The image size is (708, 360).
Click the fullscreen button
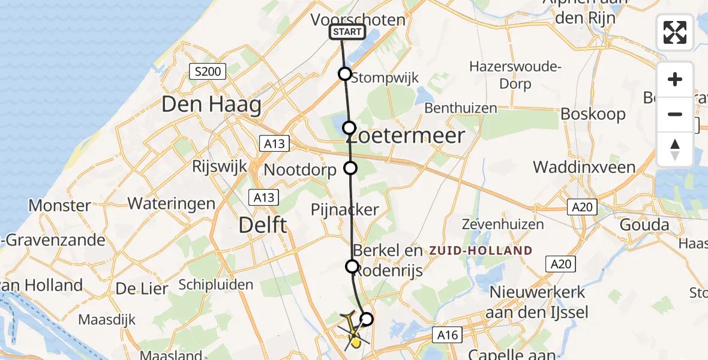pos(675,32)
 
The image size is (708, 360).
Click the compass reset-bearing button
pos(675,149)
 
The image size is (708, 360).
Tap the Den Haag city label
pos(211,105)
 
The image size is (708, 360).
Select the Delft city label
pos(263,226)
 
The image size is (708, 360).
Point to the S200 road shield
pos(208,73)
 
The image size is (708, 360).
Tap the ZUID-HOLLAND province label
pos(479,251)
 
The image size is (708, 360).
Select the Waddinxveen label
pos(584,167)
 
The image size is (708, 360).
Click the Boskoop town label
pos(593,114)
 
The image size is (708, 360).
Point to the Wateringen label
pos(172,203)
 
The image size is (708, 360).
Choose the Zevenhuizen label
pos(503,224)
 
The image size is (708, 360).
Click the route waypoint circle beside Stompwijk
pos(345,74)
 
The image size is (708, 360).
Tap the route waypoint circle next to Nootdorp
pos(350,168)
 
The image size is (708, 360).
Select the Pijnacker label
pos(345,209)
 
